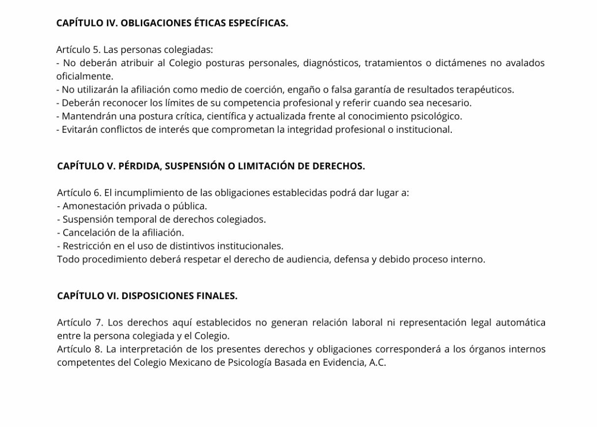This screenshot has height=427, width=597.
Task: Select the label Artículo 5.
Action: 78,50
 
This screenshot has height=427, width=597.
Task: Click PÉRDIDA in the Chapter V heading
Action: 139,166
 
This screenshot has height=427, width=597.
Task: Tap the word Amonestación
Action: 94,206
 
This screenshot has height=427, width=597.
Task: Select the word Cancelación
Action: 86,232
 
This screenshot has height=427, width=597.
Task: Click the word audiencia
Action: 306,259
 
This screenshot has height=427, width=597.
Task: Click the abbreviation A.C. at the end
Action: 377,362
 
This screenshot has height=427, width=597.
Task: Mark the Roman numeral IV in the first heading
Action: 107,23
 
